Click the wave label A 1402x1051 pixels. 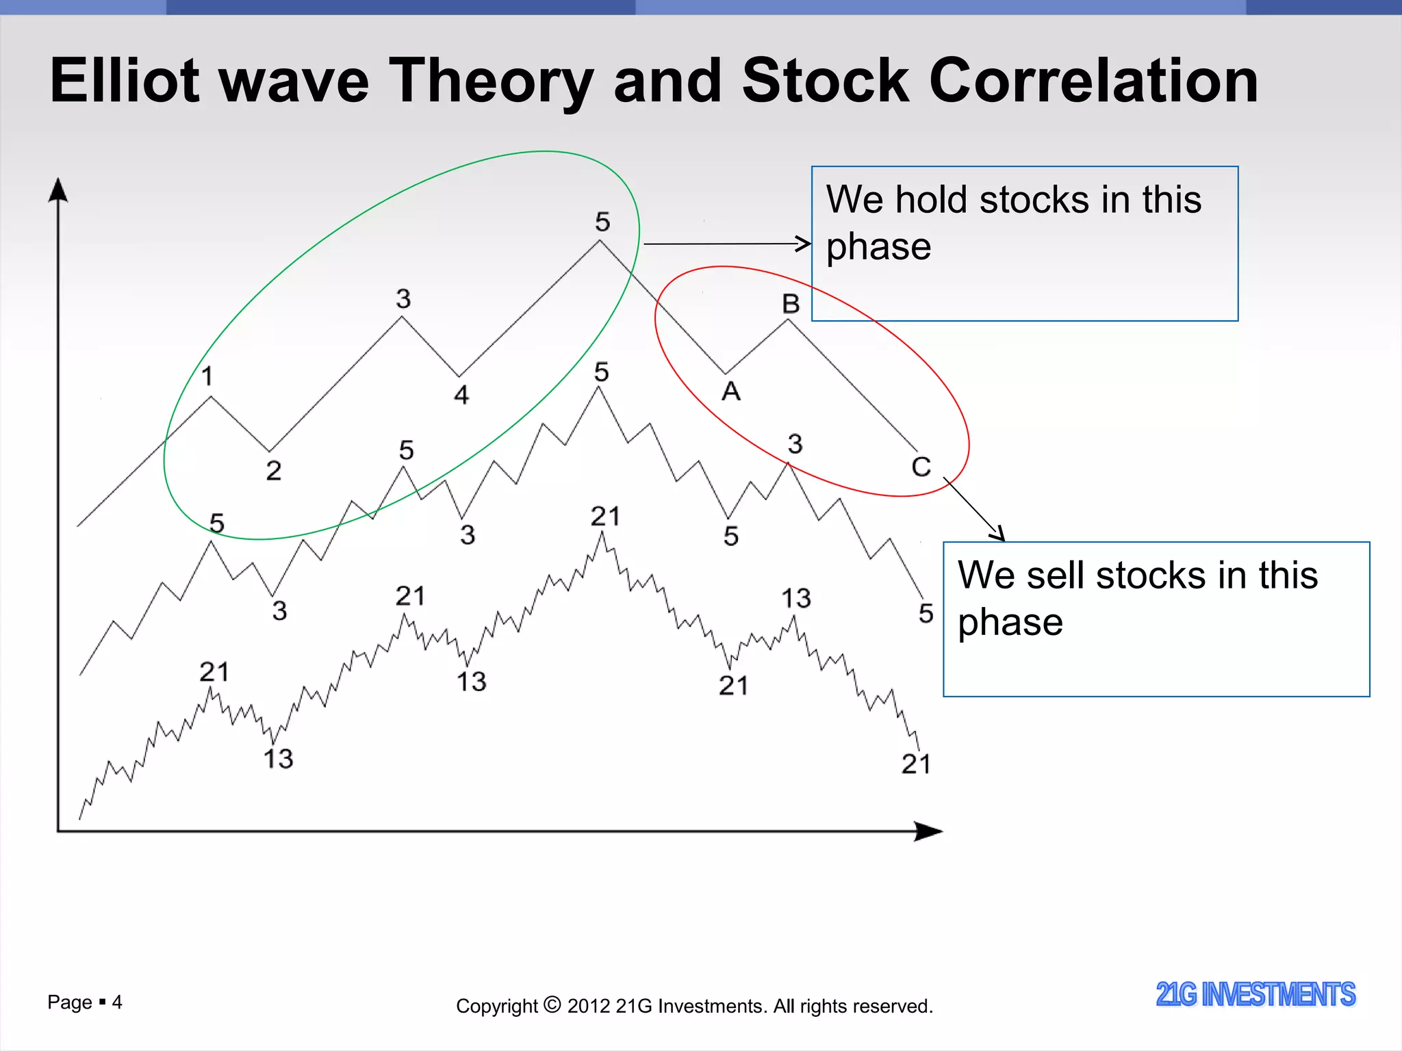pos(731,392)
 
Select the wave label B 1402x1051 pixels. pos(791,304)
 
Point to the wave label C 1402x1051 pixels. pos(921,467)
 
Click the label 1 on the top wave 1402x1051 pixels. pos(207,376)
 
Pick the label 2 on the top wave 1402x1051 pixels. pos(273,471)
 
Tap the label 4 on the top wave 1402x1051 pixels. pos(461,395)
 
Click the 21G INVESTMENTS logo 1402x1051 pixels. pos(1255,994)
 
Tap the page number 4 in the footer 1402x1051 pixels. pos(117,1002)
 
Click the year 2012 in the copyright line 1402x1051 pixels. pos(588,1007)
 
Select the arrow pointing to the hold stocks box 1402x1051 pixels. pos(726,244)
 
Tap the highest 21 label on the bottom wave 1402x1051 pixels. pos(605,517)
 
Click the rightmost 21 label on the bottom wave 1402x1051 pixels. pos(916,764)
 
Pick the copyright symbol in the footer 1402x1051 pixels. pos(552,1005)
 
